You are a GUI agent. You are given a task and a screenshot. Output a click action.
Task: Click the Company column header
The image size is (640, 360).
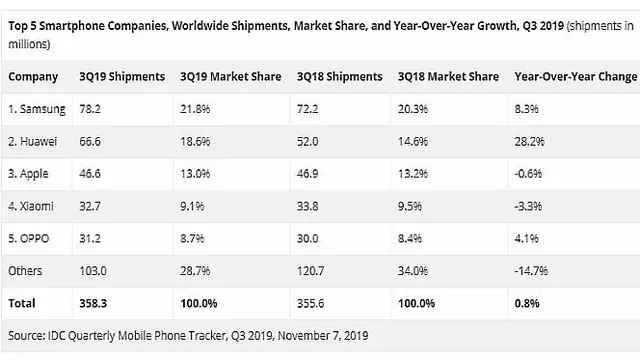(x=33, y=76)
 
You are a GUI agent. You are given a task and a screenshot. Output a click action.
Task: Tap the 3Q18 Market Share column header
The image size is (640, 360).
(x=448, y=76)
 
